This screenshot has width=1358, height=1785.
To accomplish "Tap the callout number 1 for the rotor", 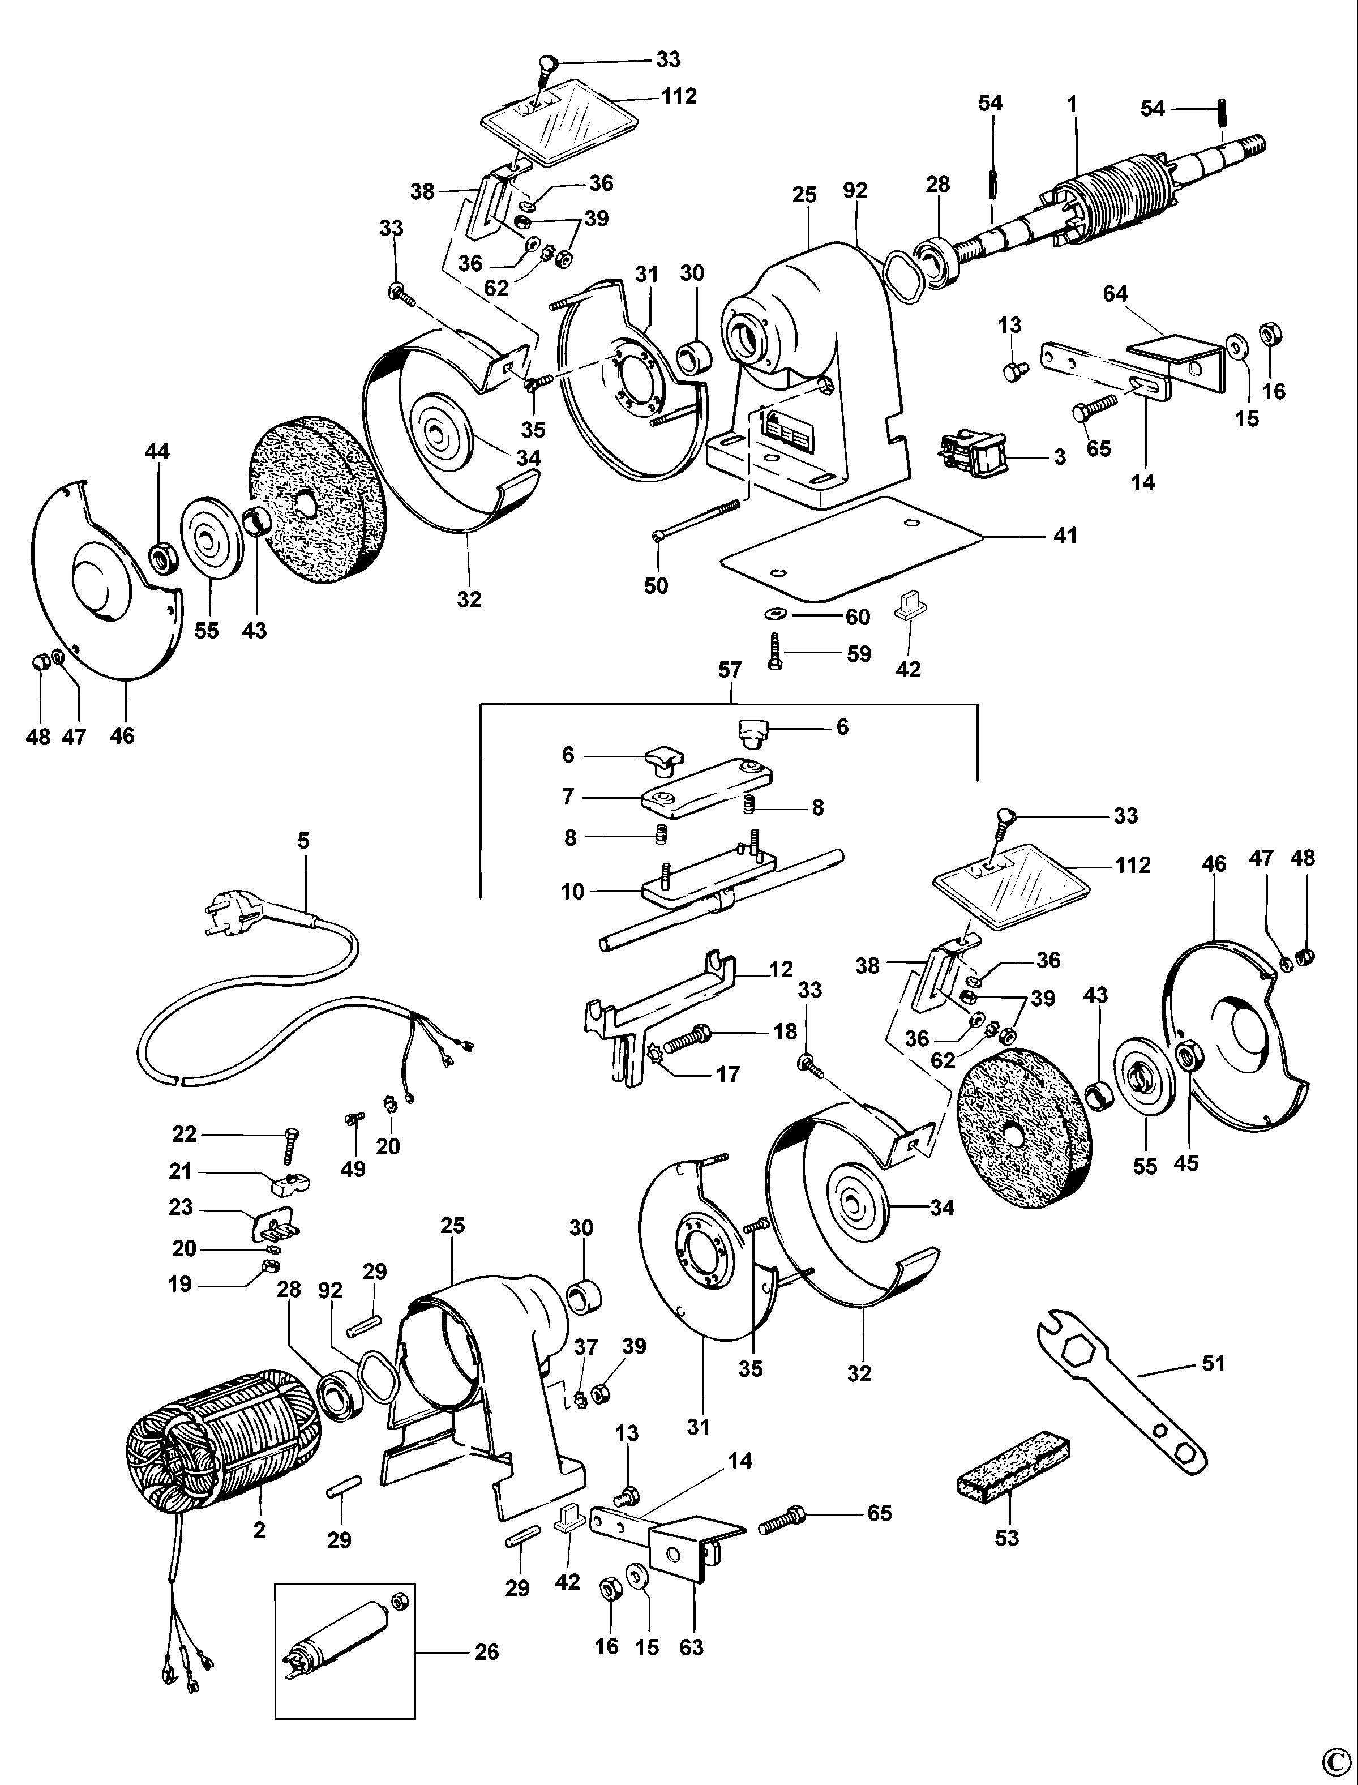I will click(x=1072, y=104).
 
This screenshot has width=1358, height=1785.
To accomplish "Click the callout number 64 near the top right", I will click(x=1116, y=293).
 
